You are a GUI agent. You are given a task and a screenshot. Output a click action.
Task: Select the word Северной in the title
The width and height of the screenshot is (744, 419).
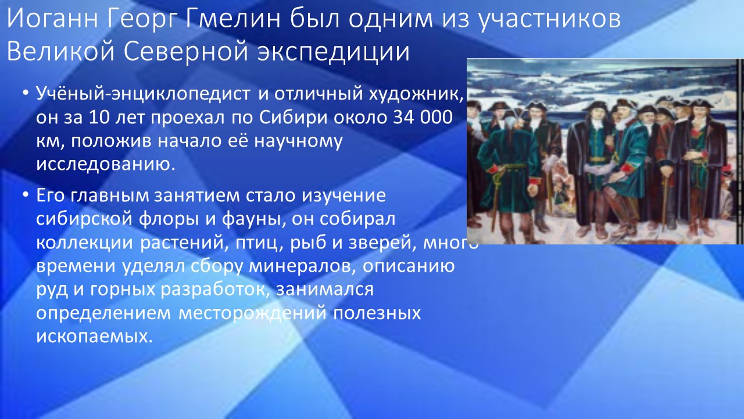coord(187,51)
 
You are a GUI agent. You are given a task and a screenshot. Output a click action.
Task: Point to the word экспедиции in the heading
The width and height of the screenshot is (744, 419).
coord(333,53)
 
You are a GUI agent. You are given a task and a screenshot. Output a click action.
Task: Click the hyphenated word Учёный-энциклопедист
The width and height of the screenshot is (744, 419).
coord(143,94)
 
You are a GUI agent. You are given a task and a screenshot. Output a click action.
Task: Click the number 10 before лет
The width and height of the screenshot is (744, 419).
coord(99,118)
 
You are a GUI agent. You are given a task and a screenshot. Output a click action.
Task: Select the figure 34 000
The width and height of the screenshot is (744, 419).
coord(423,118)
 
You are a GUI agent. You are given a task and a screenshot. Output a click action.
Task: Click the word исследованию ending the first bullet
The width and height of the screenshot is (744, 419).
coord(105,165)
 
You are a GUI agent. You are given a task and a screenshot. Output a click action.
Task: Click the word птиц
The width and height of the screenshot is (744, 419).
coord(259,243)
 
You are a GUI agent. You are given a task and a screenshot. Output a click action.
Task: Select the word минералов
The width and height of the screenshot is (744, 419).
coord(302,267)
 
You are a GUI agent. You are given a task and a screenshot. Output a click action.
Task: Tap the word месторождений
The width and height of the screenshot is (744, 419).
coord(253,314)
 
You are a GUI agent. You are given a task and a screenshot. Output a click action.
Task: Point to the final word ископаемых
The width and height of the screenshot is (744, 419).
coord(94,337)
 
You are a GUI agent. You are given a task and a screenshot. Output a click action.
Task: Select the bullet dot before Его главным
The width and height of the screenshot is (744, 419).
coord(25,194)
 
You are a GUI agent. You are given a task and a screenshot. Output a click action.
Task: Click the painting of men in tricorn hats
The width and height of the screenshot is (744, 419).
coord(605,151)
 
